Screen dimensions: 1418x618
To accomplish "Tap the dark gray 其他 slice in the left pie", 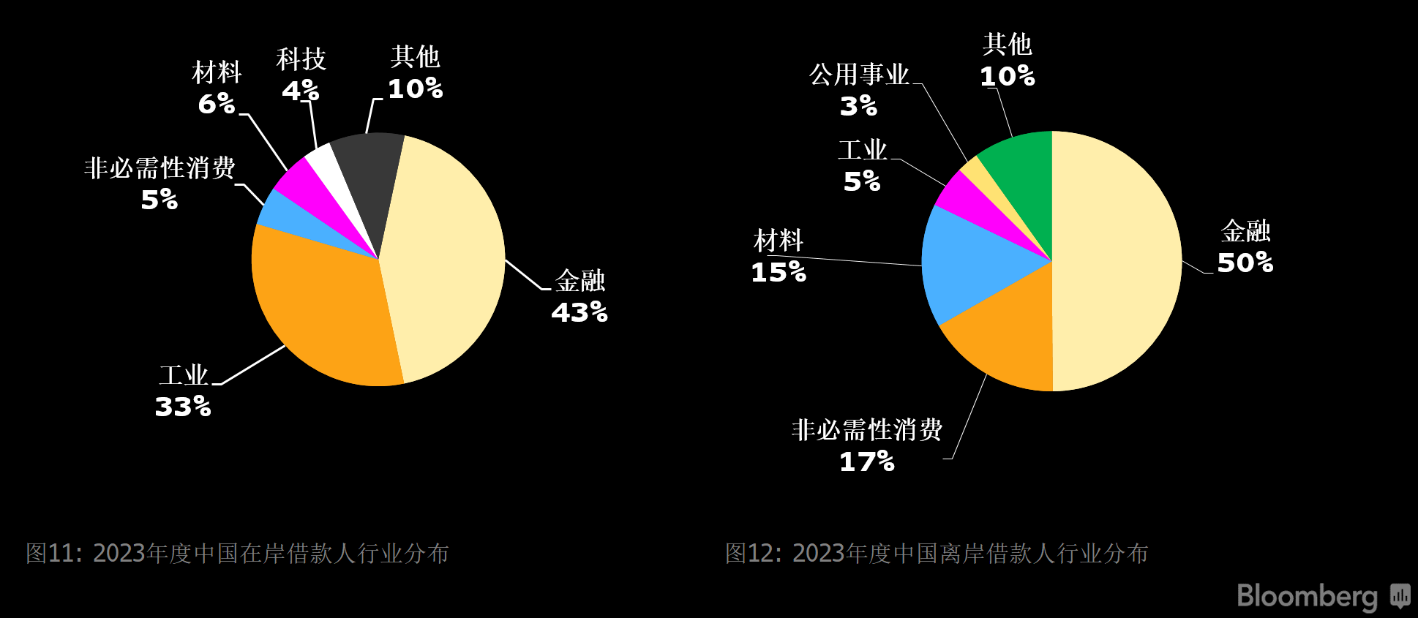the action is click(x=369, y=176).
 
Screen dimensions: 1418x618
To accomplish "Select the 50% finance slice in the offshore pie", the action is click(x=1116, y=261).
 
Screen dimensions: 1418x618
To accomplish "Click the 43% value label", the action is click(x=579, y=312).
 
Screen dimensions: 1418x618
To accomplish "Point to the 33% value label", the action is click(x=183, y=407).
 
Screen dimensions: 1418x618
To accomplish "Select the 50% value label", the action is click(x=1245, y=263).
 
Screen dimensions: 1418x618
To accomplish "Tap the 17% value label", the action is click(x=867, y=461).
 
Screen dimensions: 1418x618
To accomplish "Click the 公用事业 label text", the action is click(x=859, y=74).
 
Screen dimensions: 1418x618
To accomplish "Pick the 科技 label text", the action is click(x=301, y=59).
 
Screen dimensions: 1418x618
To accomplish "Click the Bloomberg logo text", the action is click(x=1307, y=597).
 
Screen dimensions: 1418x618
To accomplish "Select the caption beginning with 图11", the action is click(x=237, y=553).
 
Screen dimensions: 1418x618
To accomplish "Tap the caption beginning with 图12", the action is click(x=937, y=553).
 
